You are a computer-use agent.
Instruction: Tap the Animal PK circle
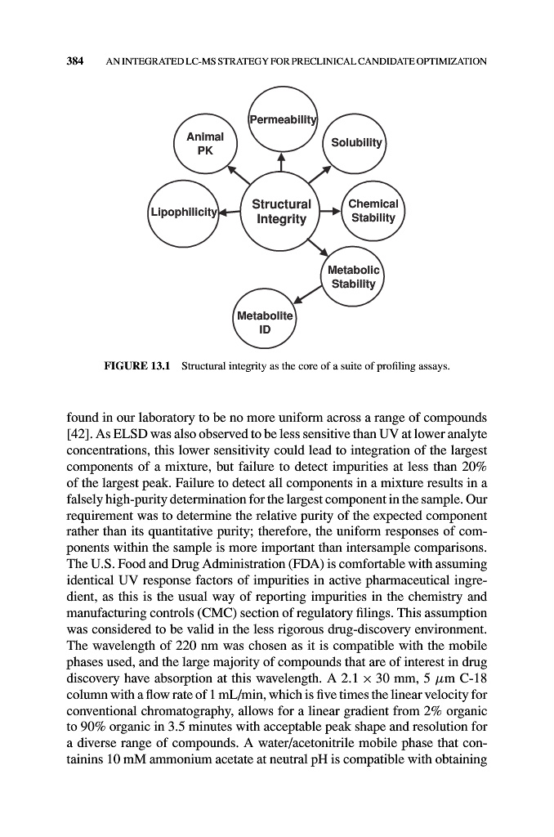205,143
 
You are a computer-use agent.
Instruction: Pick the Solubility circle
355,143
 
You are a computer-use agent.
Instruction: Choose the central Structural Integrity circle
281,212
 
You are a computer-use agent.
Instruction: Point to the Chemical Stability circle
373,211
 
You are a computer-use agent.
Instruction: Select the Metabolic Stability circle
351,277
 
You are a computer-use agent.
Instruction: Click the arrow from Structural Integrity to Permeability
281,163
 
